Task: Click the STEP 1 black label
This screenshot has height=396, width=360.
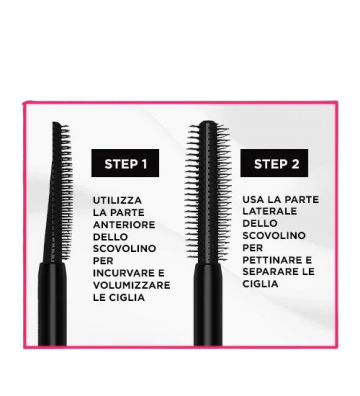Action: click(125, 163)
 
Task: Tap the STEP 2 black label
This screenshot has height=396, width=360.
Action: click(274, 163)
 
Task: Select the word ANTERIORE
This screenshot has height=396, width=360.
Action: click(124, 225)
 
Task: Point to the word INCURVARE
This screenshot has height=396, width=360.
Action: click(120, 273)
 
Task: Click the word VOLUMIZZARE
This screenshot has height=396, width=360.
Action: click(132, 285)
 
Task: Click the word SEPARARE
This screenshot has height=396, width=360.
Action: click(270, 272)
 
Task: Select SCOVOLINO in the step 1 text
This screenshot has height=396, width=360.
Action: click(124, 249)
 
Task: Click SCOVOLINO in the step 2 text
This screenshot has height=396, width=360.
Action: click(274, 236)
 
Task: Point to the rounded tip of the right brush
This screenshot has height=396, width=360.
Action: click(208, 122)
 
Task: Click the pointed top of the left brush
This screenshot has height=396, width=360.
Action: click(55, 123)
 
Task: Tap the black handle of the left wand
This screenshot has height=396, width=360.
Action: click(52, 304)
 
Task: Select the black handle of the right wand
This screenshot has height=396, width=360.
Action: click(208, 304)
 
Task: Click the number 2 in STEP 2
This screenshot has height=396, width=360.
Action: click(295, 164)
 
